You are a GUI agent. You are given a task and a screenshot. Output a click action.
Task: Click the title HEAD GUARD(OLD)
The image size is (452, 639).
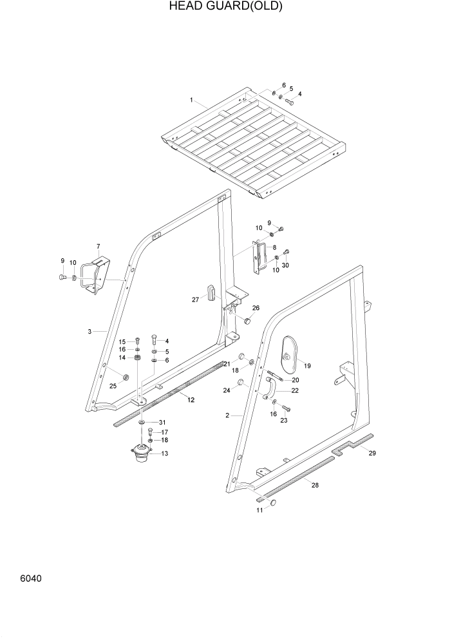pos(225,6)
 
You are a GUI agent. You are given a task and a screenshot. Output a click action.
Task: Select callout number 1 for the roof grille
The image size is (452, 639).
pos(191,100)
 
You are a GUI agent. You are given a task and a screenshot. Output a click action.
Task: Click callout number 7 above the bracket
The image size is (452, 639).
pos(98,246)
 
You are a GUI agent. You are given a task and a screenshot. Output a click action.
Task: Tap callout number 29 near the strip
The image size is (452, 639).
pos(372,453)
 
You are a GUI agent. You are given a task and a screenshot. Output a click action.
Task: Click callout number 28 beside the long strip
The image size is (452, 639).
pos(315,484)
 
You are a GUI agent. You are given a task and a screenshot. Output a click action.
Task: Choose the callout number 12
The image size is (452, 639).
pos(191,400)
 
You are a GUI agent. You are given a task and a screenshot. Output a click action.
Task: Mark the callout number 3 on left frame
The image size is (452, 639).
pos(89,332)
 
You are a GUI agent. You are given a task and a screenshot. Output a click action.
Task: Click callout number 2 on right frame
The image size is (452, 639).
pos(227,415)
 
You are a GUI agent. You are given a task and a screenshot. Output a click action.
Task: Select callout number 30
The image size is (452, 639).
pos(285,265)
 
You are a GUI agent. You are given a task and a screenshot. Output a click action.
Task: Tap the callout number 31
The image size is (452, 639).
pos(163,422)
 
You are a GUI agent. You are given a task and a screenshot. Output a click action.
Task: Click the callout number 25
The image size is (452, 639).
pos(113,385)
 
